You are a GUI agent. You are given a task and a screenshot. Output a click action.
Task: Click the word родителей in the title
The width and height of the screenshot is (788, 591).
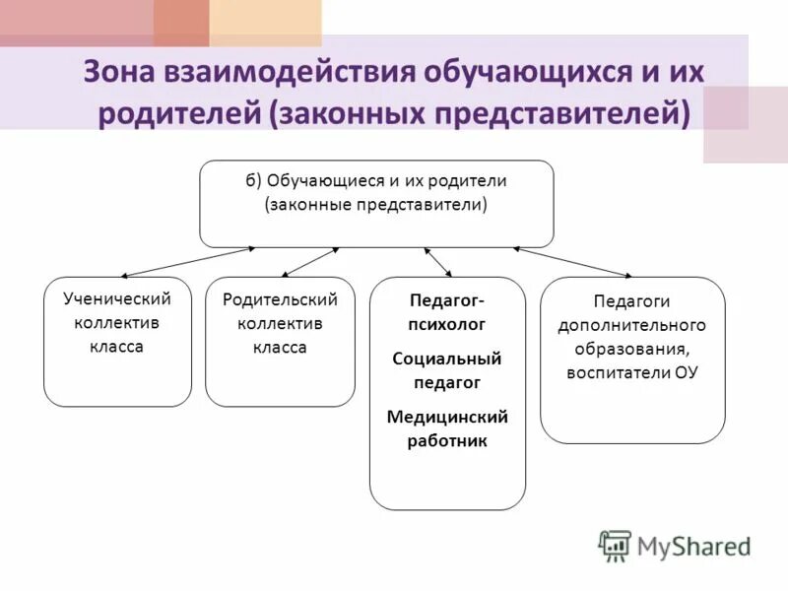pos(177,111)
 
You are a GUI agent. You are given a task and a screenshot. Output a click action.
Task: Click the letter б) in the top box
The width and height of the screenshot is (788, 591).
pos(254,182)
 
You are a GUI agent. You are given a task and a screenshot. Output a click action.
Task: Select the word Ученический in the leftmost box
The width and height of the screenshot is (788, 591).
pos(117,299)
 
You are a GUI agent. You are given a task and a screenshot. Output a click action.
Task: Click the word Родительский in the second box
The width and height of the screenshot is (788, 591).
pos(280,299)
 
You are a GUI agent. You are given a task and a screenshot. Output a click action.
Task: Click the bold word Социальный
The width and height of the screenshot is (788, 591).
pos(447,359)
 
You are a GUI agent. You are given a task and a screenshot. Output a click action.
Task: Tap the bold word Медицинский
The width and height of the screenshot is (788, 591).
pos(447,417)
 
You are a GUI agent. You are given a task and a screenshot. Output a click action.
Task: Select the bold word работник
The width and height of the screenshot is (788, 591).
pos(447,441)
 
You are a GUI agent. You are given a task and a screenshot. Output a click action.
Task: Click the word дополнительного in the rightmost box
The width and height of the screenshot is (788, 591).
pos(632,324)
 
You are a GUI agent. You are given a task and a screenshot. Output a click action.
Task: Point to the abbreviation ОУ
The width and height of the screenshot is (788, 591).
pos(686,373)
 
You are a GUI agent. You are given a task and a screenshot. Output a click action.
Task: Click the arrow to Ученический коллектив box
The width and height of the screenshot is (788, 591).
pos(187,261)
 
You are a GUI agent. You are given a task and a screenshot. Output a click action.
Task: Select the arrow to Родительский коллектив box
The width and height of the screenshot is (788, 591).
pos(310,261)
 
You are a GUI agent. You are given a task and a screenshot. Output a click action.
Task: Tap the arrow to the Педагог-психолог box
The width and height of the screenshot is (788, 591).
pos(438,261)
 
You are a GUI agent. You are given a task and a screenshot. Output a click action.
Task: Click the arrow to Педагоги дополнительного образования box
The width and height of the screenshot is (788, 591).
pos(571,261)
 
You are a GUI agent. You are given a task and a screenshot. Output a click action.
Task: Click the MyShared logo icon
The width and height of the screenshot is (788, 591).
pos(614,546)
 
